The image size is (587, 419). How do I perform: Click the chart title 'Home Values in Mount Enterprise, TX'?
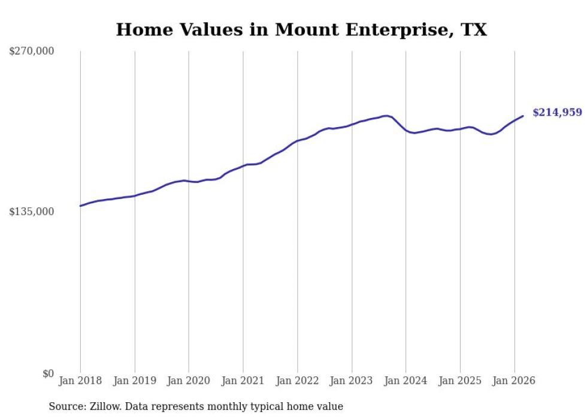[x=301, y=29]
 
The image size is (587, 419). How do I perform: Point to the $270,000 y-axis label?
[x=32, y=51]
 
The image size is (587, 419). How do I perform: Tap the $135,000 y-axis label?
[x=32, y=212]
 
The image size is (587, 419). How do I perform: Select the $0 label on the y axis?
[x=48, y=373]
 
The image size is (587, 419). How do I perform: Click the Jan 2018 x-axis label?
[x=80, y=381]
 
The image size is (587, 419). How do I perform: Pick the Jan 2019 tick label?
[x=135, y=381]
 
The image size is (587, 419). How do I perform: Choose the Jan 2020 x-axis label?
[x=189, y=381]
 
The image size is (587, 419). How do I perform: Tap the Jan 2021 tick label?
[x=243, y=381]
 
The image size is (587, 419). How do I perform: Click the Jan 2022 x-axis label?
[x=297, y=381]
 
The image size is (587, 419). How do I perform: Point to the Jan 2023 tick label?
[x=352, y=381]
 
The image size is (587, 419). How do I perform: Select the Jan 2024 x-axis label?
[x=406, y=381]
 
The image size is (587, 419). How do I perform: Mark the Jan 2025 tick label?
[x=460, y=381]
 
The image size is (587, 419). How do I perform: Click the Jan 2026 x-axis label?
[x=514, y=381]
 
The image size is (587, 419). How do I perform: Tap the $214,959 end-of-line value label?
[x=557, y=112]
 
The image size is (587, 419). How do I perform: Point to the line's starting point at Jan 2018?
[x=80, y=206]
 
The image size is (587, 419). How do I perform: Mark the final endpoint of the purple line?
[x=523, y=116]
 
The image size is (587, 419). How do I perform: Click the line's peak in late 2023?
[x=386, y=115]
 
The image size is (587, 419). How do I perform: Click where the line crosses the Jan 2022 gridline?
[x=297, y=141]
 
